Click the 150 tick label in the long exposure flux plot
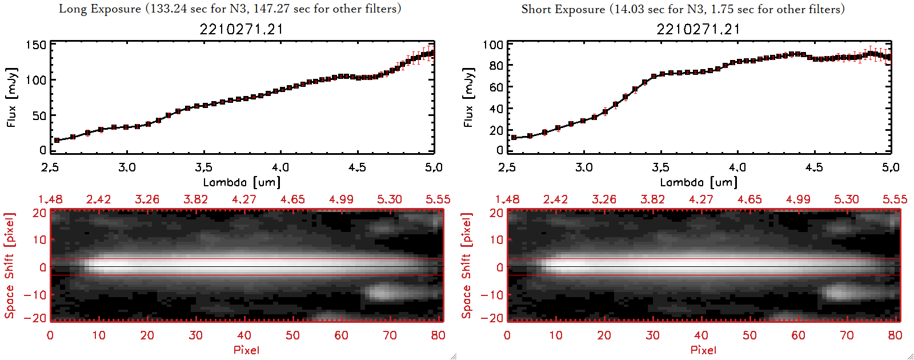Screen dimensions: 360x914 click(36, 45)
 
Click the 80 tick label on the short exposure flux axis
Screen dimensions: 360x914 click(496, 66)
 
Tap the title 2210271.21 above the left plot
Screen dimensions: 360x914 click(241, 29)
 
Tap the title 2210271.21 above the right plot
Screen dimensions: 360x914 click(698, 29)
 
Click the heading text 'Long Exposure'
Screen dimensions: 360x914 click(100, 9)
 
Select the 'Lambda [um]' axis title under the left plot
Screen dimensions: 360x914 click(242, 182)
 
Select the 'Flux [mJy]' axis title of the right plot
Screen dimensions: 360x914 click(468, 97)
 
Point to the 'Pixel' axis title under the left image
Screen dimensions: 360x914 click(246, 350)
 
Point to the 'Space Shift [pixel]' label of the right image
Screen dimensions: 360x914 click(467, 265)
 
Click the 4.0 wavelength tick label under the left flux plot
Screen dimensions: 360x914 click(280, 167)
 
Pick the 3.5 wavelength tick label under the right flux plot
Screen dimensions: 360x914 click(660, 167)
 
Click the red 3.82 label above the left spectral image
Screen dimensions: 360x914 click(195, 199)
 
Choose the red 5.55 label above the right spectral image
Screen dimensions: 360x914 click(895, 199)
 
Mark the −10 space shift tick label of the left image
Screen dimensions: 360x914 click(35, 295)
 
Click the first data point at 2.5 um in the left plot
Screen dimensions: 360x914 click(57, 140)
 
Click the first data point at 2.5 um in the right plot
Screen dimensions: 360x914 click(514, 138)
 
